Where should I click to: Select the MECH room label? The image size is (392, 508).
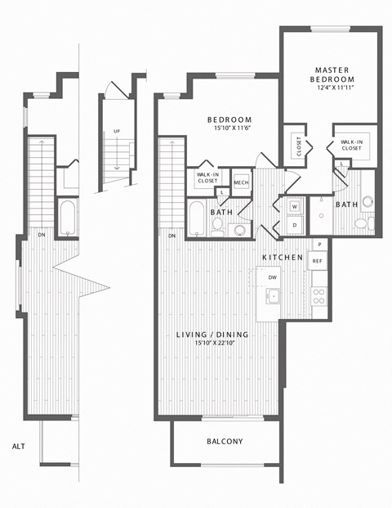[x=241, y=182]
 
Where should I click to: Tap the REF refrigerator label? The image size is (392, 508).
[x=318, y=261]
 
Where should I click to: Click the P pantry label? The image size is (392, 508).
[x=318, y=245]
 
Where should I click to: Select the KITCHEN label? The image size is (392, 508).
[x=283, y=258]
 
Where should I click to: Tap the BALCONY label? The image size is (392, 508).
[x=225, y=442]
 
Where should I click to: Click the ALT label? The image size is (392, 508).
[x=18, y=446]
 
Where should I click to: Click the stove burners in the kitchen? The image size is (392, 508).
[x=318, y=296]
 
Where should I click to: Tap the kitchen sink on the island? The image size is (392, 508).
[x=274, y=296]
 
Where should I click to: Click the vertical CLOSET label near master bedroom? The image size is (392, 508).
[x=299, y=146]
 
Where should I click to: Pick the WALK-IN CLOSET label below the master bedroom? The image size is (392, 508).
[x=352, y=146]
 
